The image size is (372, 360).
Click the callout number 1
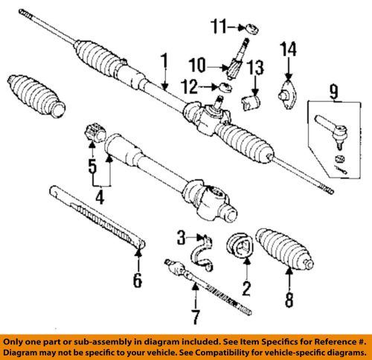pos(164,65)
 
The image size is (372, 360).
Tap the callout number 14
pos(288,49)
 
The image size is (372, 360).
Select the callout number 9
pos(334,91)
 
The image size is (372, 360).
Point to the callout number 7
pos(196,318)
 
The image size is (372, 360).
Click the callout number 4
pos(100,197)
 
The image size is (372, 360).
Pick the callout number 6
pos(138,280)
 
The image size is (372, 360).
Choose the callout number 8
pos(289,300)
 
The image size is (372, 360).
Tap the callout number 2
pos(246,289)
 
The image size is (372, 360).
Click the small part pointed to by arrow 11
pos(252,28)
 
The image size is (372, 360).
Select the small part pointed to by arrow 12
pos(225,88)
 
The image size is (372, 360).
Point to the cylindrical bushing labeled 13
pos(251,102)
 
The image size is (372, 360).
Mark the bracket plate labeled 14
pos(287,94)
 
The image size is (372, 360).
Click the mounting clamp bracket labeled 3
pos(202,253)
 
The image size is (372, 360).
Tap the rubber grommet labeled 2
pos(240,246)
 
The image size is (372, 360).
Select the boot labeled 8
pos(285,248)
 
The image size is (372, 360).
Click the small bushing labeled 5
pos(95,132)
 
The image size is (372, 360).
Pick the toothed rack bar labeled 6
pos(97,216)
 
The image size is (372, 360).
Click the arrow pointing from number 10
pos(218,67)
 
